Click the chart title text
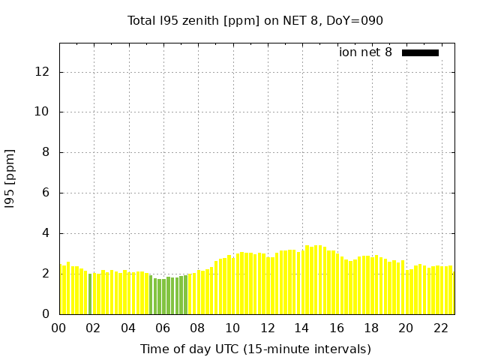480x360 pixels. click(x=255, y=20)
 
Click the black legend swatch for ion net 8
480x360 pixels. click(x=420, y=52)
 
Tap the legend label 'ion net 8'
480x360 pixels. click(x=365, y=52)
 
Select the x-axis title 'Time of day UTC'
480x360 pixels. click(x=255, y=349)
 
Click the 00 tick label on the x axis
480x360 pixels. click(x=59, y=328)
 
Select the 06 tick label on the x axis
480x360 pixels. click(x=163, y=328)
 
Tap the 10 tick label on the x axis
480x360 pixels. click(x=232, y=328)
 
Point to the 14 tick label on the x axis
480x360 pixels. click(x=301, y=328)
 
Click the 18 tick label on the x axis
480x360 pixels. click(x=371, y=328)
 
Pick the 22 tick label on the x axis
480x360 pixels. click(x=440, y=328)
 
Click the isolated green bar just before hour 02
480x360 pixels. click(x=90, y=294)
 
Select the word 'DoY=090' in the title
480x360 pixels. click(x=358, y=20)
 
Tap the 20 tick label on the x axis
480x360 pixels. click(x=406, y=328)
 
